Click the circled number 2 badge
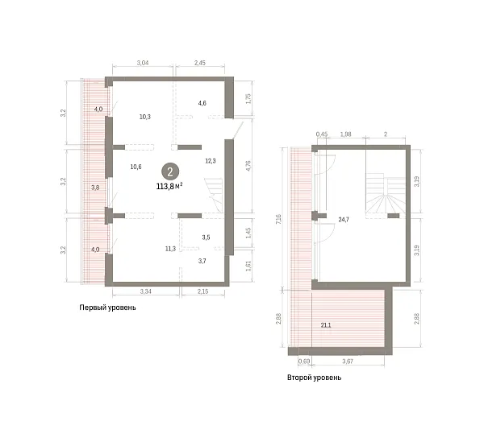click(x=169, y=171)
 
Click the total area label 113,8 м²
click(x=169, y=186)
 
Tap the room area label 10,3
click(x=144, y=117)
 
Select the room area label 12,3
click(x=211, y=161)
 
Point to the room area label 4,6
click(x=202, y=103)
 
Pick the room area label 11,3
click(x=170, y=249)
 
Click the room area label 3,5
click(x=206, y=238)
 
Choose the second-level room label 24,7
click(x=344, y=220)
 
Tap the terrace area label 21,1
click(x=326, y=325)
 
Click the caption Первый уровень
click(x=108, y=308)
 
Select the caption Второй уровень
click(x=315, y=378)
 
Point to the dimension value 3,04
click(x=143, y=63)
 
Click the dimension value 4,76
click(x=248, y=166)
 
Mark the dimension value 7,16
click(x=279, y=219)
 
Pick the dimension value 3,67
click(x=348, y=361)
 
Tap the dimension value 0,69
click(x=304, y=361)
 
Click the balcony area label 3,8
click(x=95, y=188)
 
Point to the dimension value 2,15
click(x=202, y=291)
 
